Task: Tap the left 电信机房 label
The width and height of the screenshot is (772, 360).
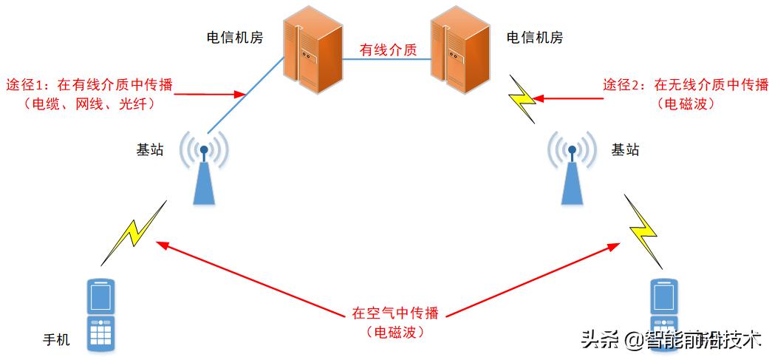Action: click(235, 38)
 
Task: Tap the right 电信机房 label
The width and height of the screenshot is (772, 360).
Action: click(534, 38)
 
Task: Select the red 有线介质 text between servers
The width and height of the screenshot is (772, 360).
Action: click(388, 51)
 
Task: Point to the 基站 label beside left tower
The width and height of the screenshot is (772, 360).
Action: click(150, 149)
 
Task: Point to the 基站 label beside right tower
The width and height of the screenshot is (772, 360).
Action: click(625, 149)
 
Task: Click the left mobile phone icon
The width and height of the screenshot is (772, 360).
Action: click(101, 314)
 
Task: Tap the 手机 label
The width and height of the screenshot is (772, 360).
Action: click(56, 340)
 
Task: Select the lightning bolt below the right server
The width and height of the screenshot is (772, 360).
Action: click(522, 98)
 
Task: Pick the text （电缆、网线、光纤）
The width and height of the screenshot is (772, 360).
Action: click(89, 104)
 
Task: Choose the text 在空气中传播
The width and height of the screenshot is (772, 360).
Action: click(394, 313)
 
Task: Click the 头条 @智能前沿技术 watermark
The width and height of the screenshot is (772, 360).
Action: click(672, 340)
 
